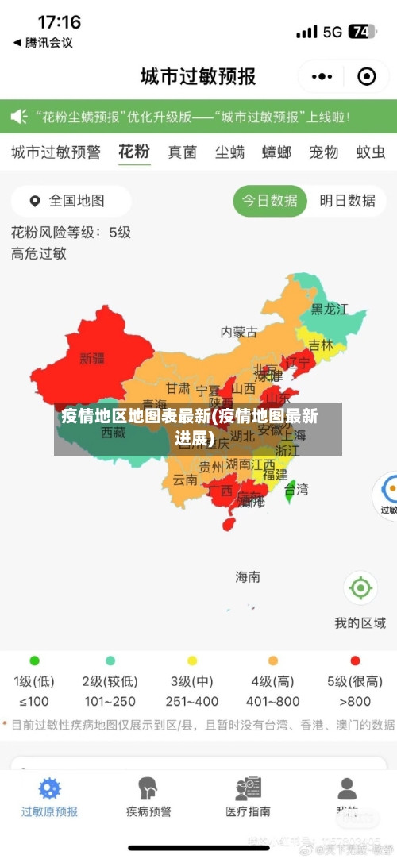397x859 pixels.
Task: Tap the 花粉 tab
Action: (x=134, y=152)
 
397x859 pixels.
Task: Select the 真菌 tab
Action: (x=182, y=152)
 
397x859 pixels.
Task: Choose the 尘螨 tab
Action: (x=229, y=152)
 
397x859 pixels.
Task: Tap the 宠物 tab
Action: (x=324, y=152)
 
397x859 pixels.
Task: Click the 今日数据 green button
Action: (x=270, y=201)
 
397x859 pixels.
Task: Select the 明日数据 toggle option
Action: (x=347, y=201)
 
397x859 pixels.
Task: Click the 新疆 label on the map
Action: (x=92, y=359)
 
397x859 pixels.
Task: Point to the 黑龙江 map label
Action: (x=330, y=310)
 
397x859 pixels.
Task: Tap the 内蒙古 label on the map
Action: (x=239, y=332)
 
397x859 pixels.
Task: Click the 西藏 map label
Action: (x=113, y=433)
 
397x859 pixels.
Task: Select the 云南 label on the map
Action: (x=185, y=480)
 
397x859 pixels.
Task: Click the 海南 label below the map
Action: (x=248, y=577)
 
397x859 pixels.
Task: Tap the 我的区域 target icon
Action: (x=360, y=588)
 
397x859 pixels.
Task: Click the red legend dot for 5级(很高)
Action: (x=355, y=661)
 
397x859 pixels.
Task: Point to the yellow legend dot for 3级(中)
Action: (x=192, y=661)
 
